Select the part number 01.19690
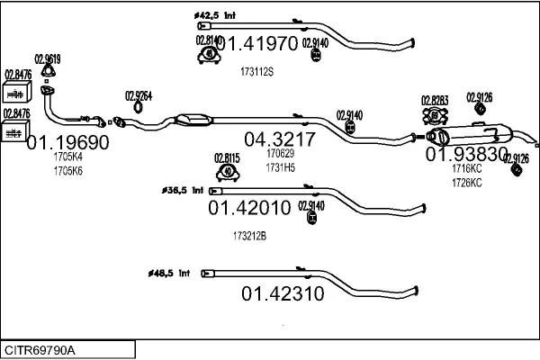[x=67, y=142]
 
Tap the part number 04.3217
[x=279, y=139]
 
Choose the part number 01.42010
[x=249, y=208]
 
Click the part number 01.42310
[x=283, y=292]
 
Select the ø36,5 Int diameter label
[x=183, y=191]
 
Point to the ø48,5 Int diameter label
[x=168, y=272]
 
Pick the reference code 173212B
[x=249, y=236]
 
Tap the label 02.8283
[x=435, y=100]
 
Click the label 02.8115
[x=228, y=157]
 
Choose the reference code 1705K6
[x=67, y=170]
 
